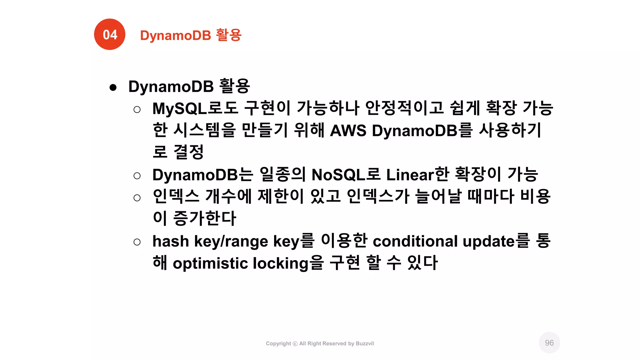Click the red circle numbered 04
pos(110,34)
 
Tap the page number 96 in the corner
pos(549,343)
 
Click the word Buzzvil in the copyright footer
pos(365,343)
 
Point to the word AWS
pos(348,130)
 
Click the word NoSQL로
pos(346,174)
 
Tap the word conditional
pos(415,241)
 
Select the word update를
pos(496,241)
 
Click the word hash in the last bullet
pos(171,241)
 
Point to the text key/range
pos(231,241)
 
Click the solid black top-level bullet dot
pos(113,87)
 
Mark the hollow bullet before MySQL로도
pos(137,109)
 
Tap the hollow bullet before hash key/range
pos(137,242)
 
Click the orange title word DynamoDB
pos(176,35)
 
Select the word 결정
pos(188,152)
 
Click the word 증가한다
pos(204,218)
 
